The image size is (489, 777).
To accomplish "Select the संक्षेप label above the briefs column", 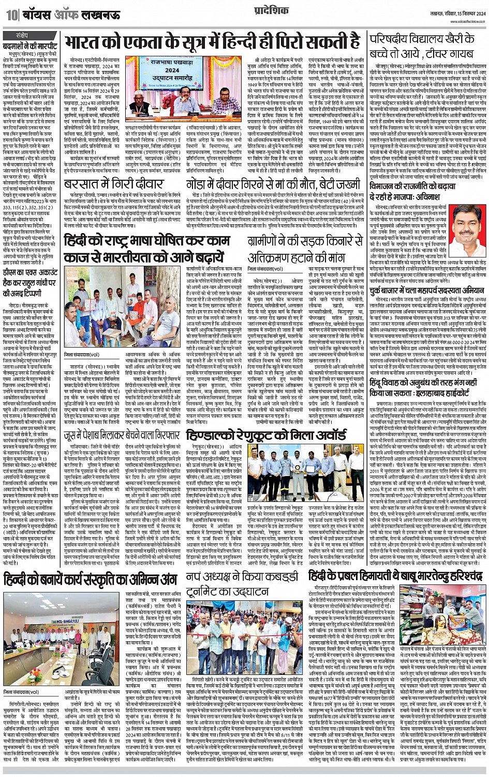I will (x=23, y=36).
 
